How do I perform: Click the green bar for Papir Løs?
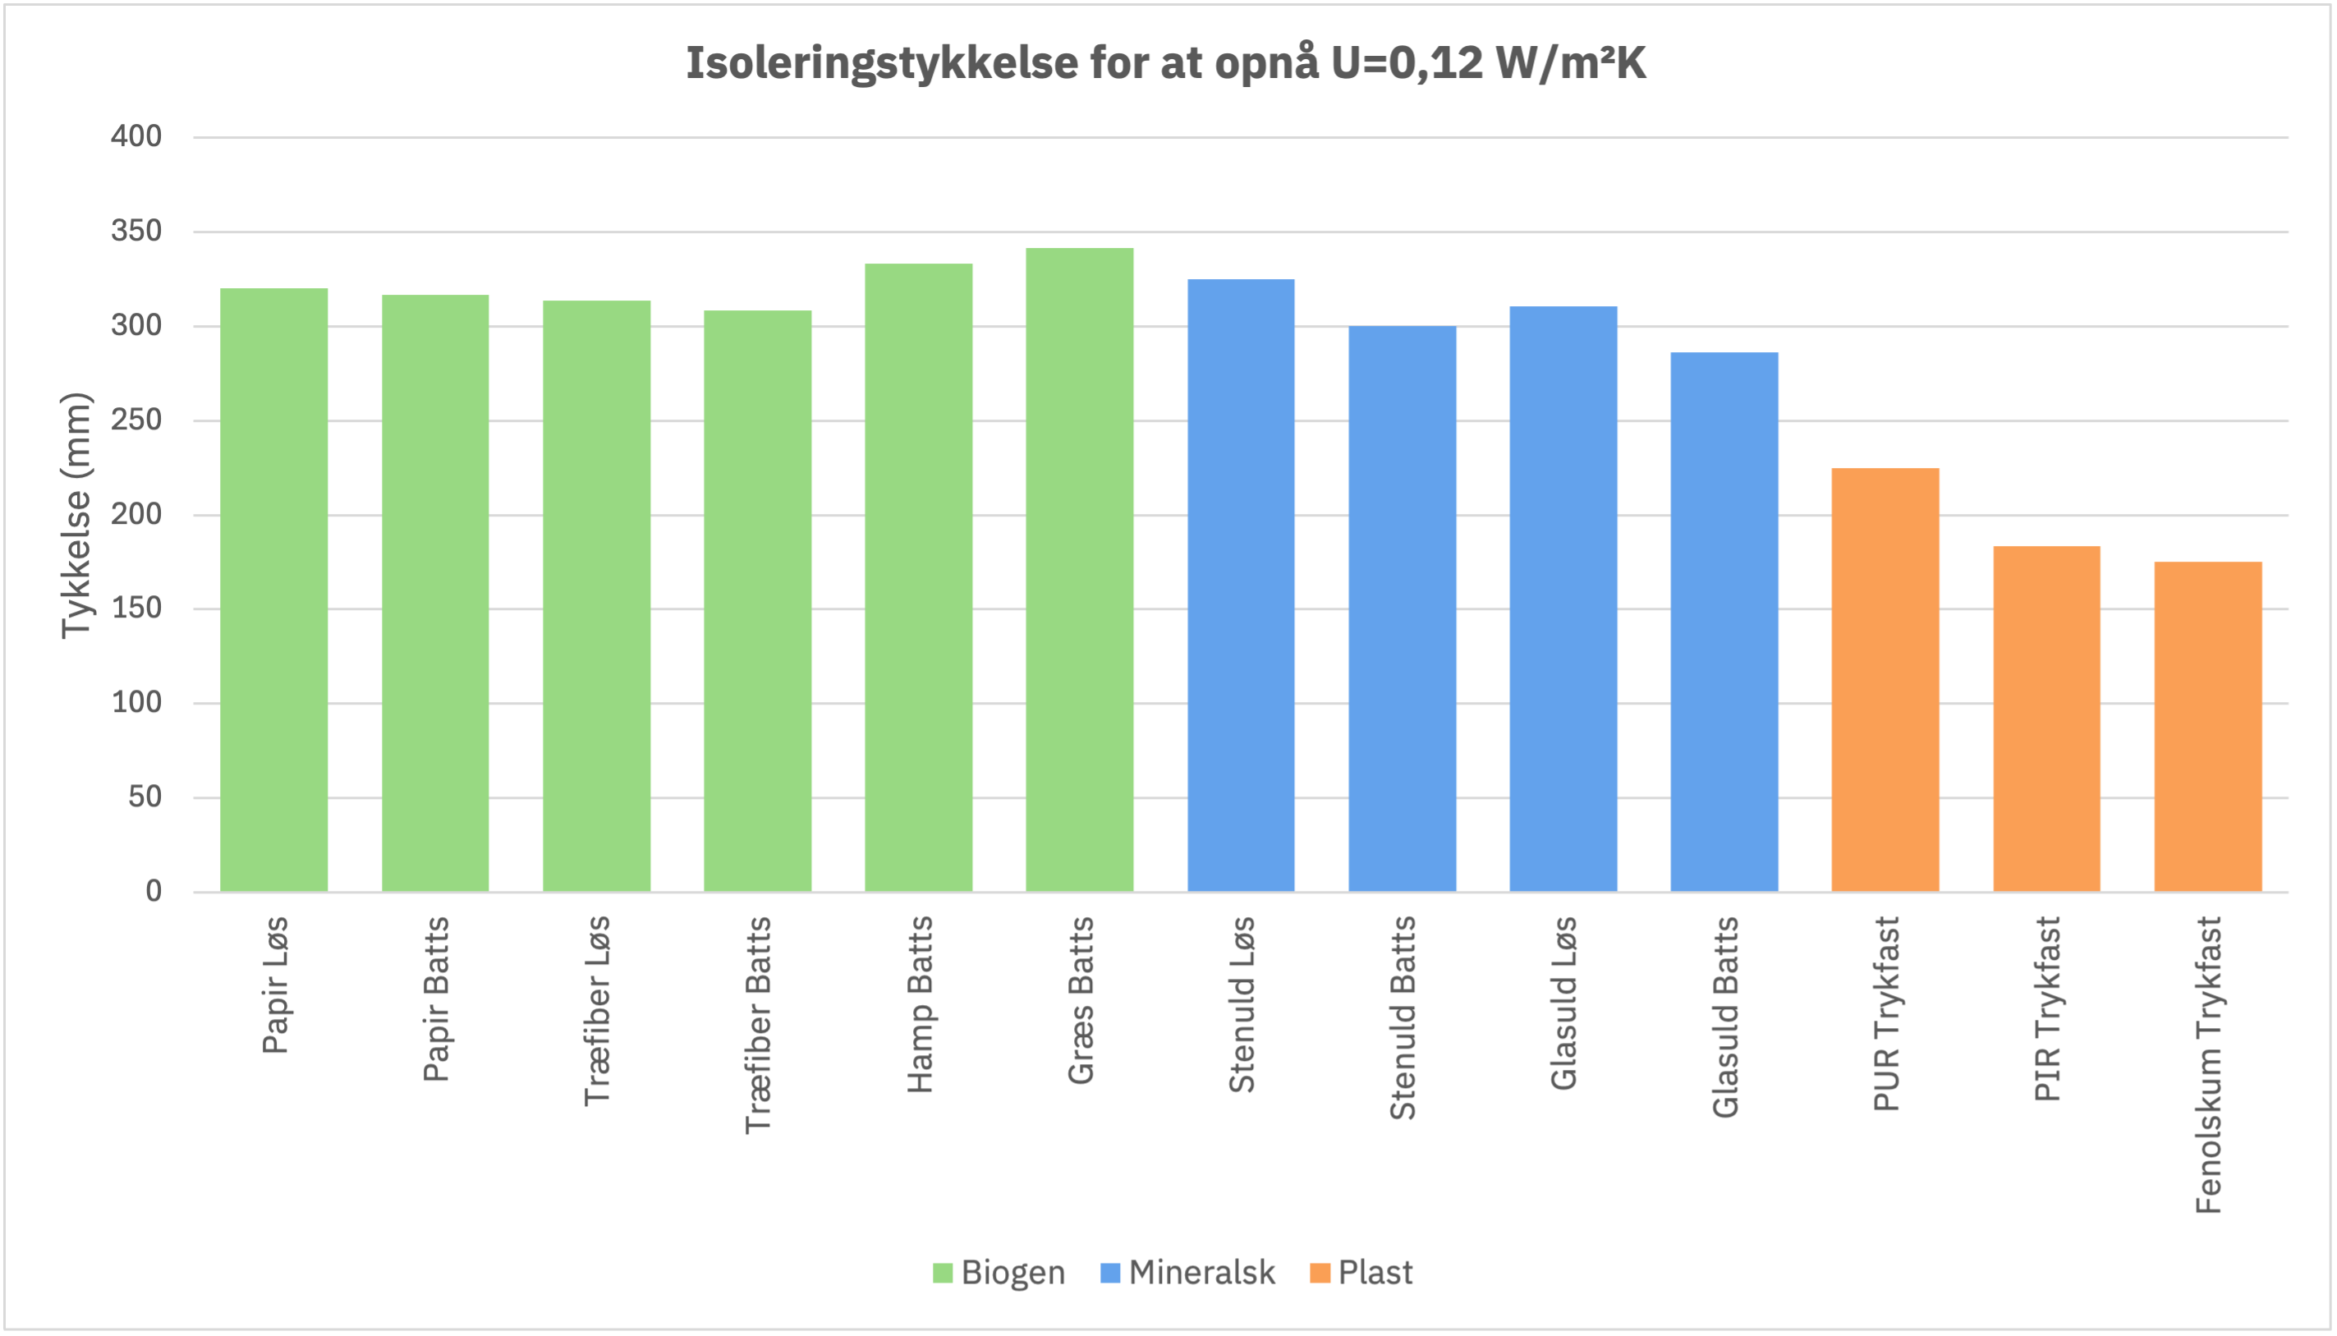[x=273, y=590]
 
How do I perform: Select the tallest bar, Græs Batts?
[x=1079, y=570]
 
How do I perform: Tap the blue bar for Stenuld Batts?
[x=1402, y=608]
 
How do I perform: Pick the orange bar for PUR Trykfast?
[x=1885, y=680]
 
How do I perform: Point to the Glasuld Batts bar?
[x=1724, y=622]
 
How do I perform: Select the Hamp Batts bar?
[x=919, y=578]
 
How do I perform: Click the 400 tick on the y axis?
[x=135, y=136]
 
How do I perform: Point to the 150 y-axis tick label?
[x=135, y=608]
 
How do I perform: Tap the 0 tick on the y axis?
[x=154, y=891]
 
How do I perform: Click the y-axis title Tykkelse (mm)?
[x=77, y=516]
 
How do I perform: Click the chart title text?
[x=1166, y=63]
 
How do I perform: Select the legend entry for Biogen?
[x=999, y=1273]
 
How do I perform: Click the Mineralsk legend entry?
[x=1187, y=1273]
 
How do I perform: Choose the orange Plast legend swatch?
[x=1320, y=1273]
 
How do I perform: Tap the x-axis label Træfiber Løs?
[x=596, y=1011]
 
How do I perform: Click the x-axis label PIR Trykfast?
[x=2047, y=1008]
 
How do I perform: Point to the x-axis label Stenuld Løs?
[x=1242, y=1005]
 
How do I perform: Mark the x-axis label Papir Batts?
[x=436, y=999]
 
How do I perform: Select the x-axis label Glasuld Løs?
[x=1563, y=1003]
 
